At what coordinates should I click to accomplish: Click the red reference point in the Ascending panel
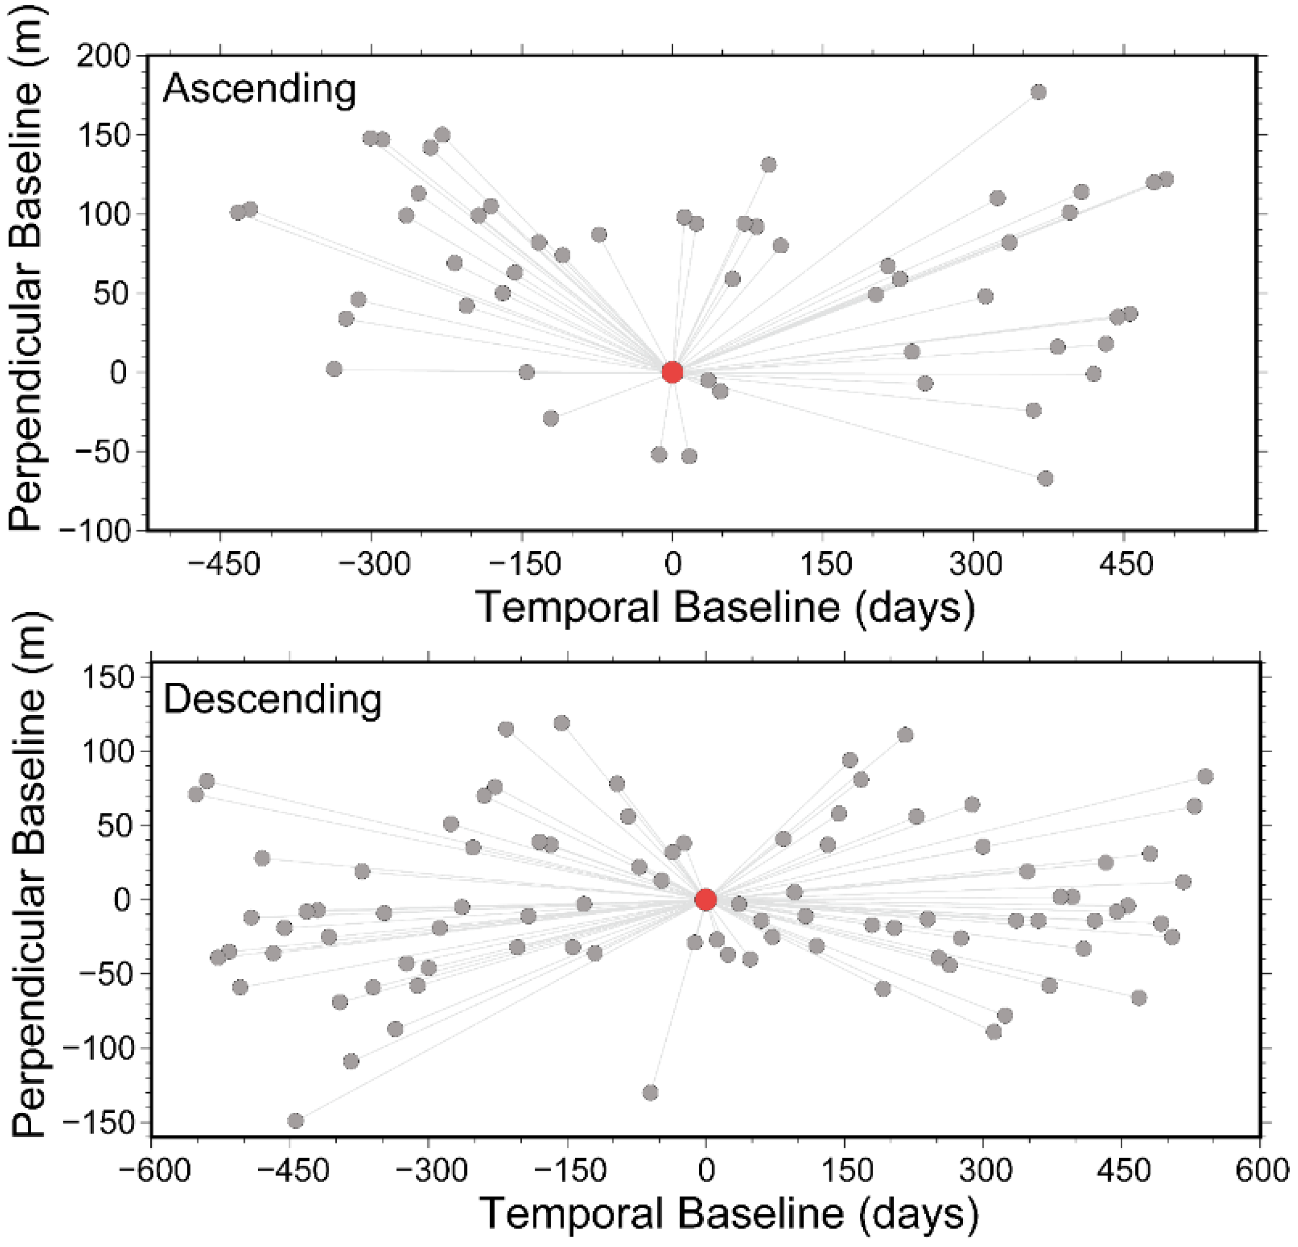[672, 372]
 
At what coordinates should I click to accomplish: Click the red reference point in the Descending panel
[706, 900]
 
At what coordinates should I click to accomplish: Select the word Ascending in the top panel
[259, 89]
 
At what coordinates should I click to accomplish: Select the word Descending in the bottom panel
[272, 699]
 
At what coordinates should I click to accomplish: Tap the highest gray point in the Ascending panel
[1038, 92]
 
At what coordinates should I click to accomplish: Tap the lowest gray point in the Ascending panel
[1045, 478]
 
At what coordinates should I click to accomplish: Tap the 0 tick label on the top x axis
[672, 564]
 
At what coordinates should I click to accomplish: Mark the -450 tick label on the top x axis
[223, 564]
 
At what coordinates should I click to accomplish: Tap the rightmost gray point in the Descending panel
[1205, 776]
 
